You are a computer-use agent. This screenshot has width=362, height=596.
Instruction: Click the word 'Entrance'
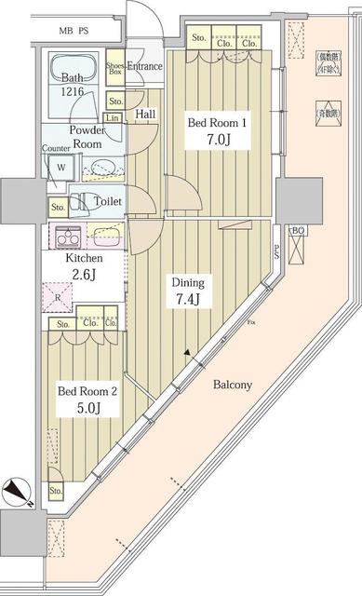[x=144, y=66]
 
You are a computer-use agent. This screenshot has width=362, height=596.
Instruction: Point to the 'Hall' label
[x=146, y=114]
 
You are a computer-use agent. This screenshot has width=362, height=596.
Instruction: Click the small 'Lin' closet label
[x=113, y=117]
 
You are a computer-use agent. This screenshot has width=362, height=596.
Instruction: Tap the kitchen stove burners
[x=71, y=235]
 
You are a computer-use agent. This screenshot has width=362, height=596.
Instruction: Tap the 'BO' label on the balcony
[x=297, y=231]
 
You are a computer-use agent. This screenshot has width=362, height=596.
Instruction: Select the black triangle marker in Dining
[x=189, y=353]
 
